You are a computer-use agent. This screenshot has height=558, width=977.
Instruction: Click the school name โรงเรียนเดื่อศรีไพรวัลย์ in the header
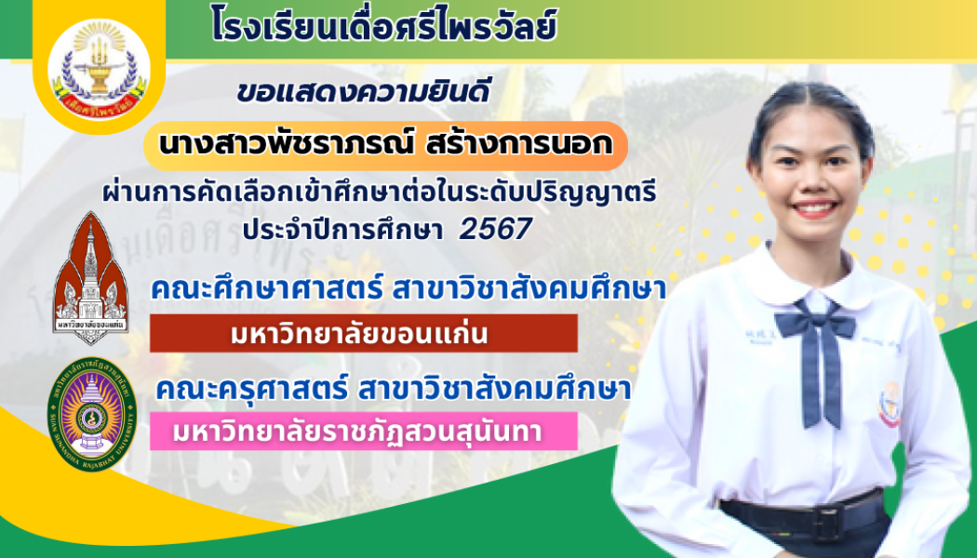[x=383, y=26]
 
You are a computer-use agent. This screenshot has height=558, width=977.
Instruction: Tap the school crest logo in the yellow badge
[x=98, y=63]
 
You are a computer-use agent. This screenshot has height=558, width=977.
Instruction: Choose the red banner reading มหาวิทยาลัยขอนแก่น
[x=363, y=334]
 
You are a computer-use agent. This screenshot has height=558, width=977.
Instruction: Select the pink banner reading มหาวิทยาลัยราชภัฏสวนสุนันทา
[x=363, y=432]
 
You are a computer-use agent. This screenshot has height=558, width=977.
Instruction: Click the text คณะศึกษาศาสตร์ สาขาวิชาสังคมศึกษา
[x=408, y=290]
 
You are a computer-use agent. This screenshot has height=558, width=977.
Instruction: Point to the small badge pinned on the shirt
[x=890, y=404]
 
